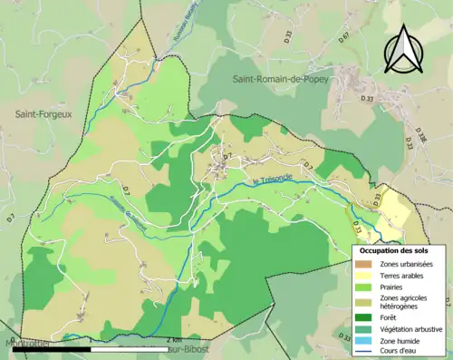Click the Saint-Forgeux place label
tap(43, 113)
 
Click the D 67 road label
tap(344, 63)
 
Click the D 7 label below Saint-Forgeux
tap(11, 219)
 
